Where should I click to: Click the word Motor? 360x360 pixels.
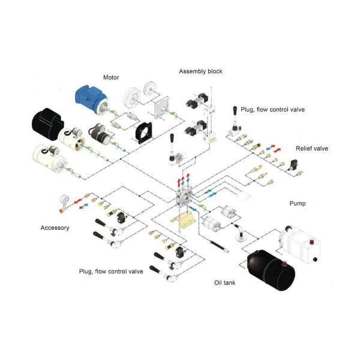point(112,77)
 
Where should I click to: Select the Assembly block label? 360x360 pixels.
point(200,71)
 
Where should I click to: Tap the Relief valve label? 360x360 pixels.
point(312,148)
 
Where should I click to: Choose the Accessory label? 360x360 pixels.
point(55,227)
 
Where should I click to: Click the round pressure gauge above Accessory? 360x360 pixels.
point(64,200)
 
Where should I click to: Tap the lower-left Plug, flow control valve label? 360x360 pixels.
point(111,272)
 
